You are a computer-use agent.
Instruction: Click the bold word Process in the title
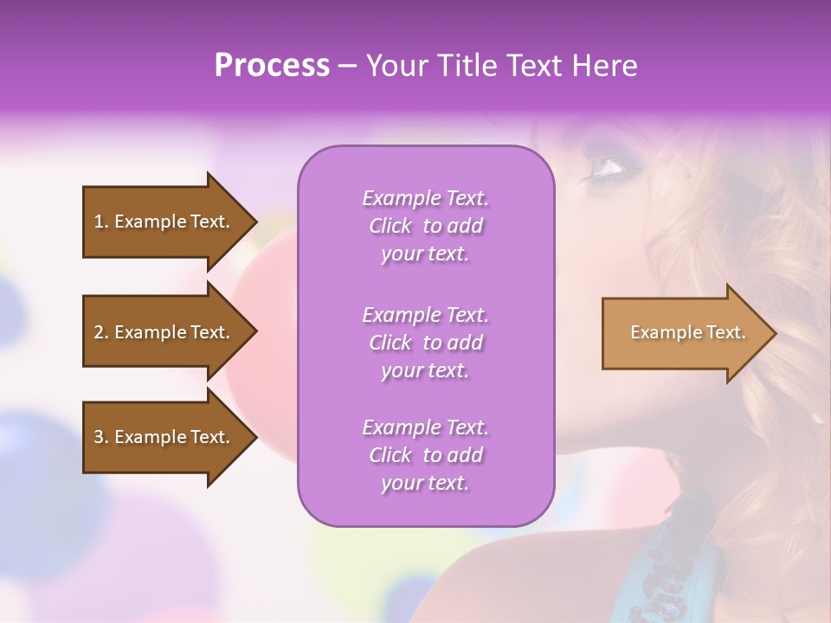tap(272, 66)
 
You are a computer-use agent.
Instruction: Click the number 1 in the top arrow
tap(99, 222)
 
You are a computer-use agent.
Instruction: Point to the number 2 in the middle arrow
tap(99, 332)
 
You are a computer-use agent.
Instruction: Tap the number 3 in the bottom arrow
tap(99, 437)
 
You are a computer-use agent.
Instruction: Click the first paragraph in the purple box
tap(425, 226)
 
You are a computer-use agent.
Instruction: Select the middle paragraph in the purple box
tap(425, 343)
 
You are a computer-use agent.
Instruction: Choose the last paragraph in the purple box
tap(425, 455)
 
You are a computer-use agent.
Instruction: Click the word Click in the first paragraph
tap(390, 227)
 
